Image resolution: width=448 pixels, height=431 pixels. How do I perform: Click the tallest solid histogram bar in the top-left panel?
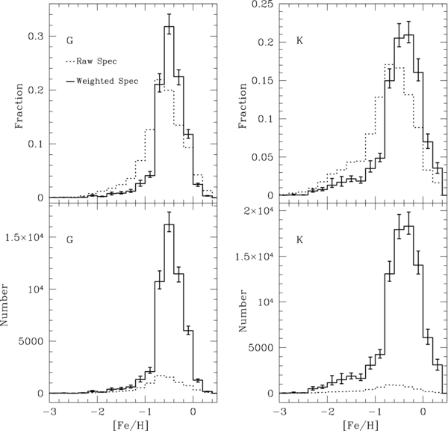pos(169,112)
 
